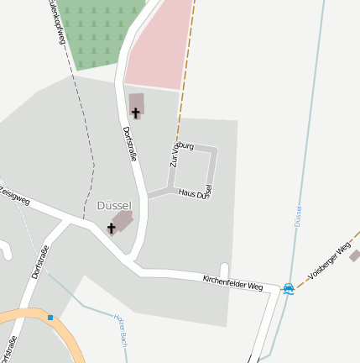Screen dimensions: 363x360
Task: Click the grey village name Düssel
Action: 114,206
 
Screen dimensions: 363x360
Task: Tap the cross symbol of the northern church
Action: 136,113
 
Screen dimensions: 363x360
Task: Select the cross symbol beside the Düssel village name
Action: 111,228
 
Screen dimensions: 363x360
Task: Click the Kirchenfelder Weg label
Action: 232,282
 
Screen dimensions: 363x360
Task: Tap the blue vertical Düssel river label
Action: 298,216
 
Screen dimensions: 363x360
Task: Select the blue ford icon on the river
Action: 289,289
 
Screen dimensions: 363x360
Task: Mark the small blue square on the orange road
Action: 50,318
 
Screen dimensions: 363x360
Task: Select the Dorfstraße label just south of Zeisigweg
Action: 39,261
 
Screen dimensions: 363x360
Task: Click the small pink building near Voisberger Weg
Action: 354,255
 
